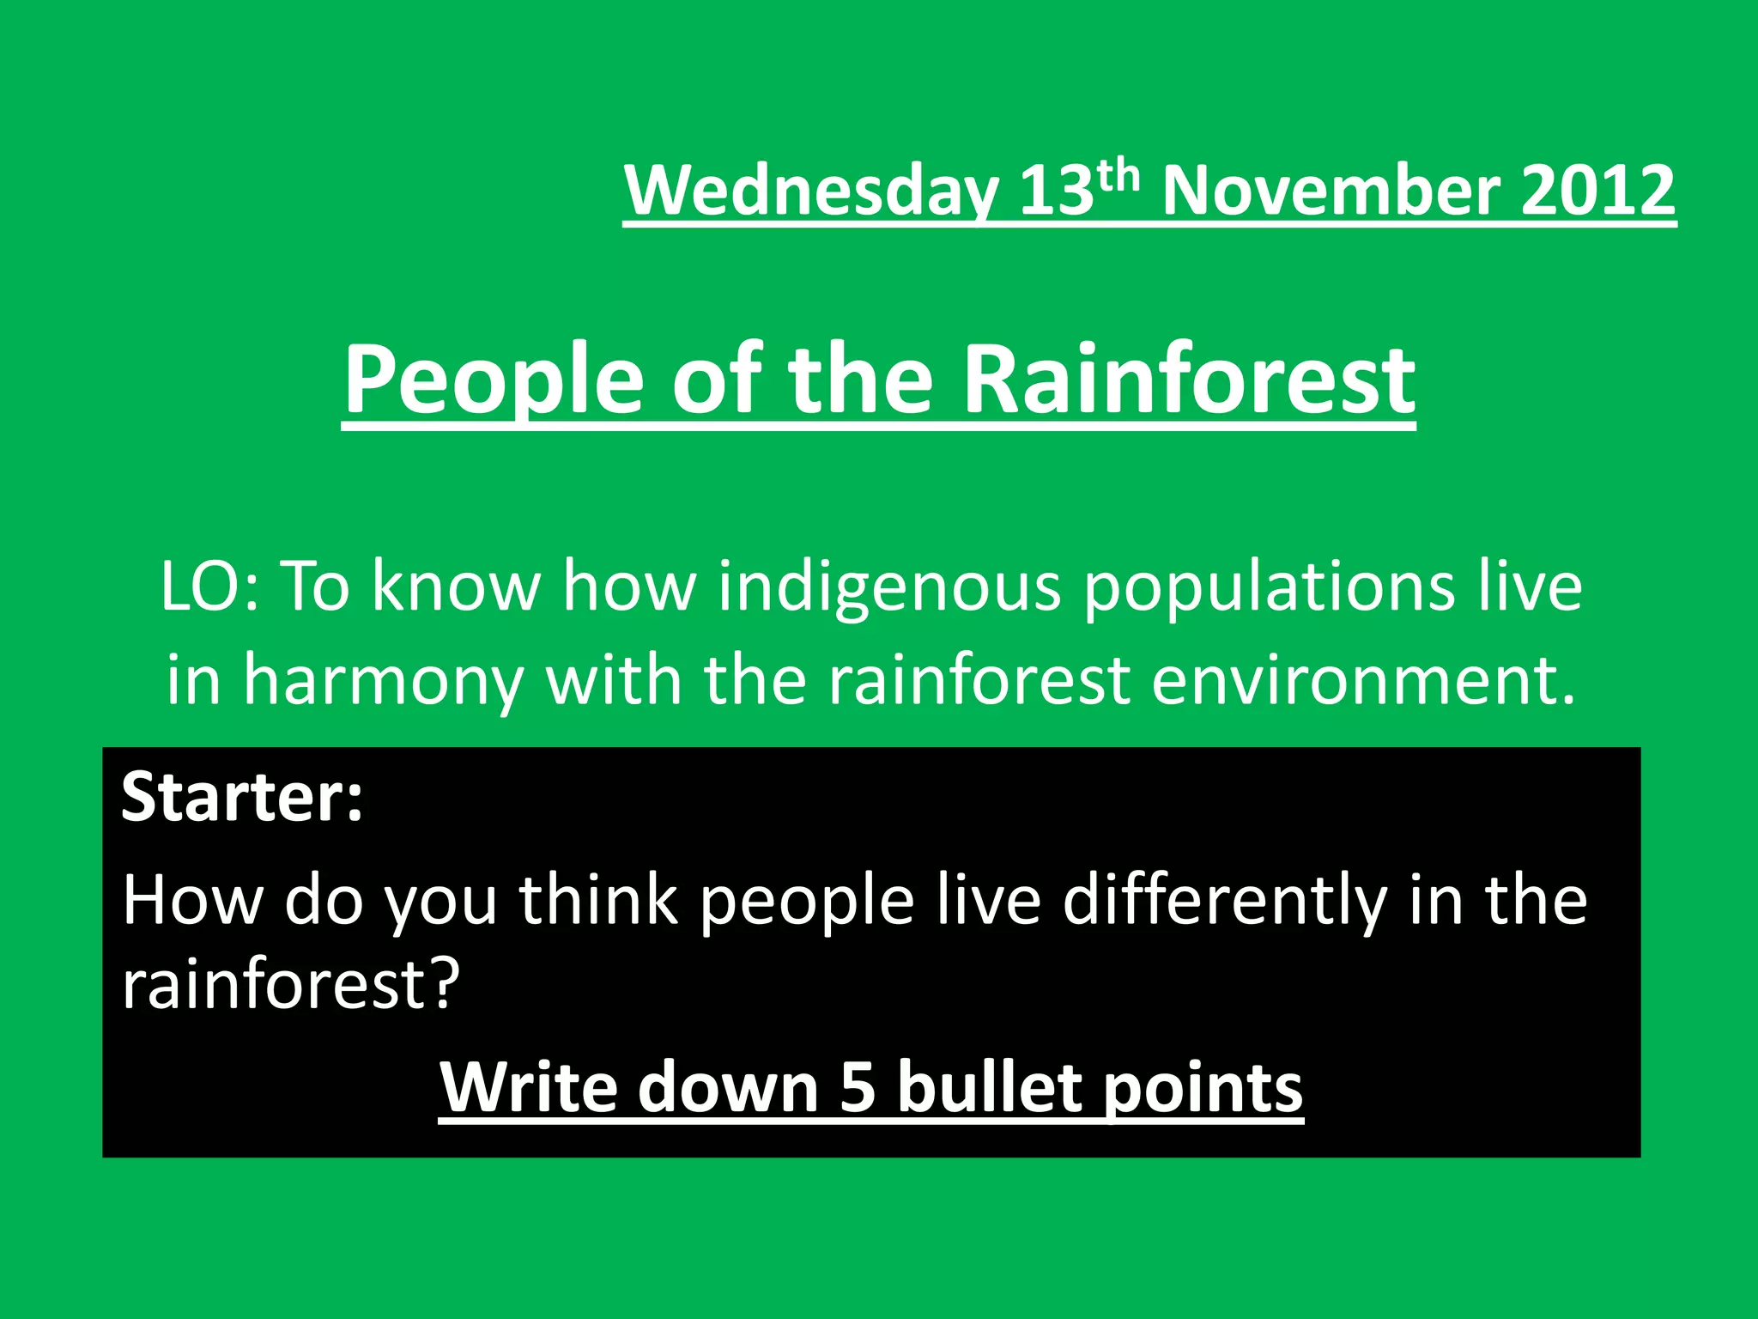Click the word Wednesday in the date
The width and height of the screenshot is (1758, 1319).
click(812, 191)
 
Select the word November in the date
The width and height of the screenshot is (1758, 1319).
click(1331, 191)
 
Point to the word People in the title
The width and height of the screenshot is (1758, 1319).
click(494, 380)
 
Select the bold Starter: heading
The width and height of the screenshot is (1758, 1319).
click(242, 797)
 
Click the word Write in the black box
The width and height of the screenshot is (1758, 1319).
click(529, 1087)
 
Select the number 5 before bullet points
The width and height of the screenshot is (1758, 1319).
click(858, 1087)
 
